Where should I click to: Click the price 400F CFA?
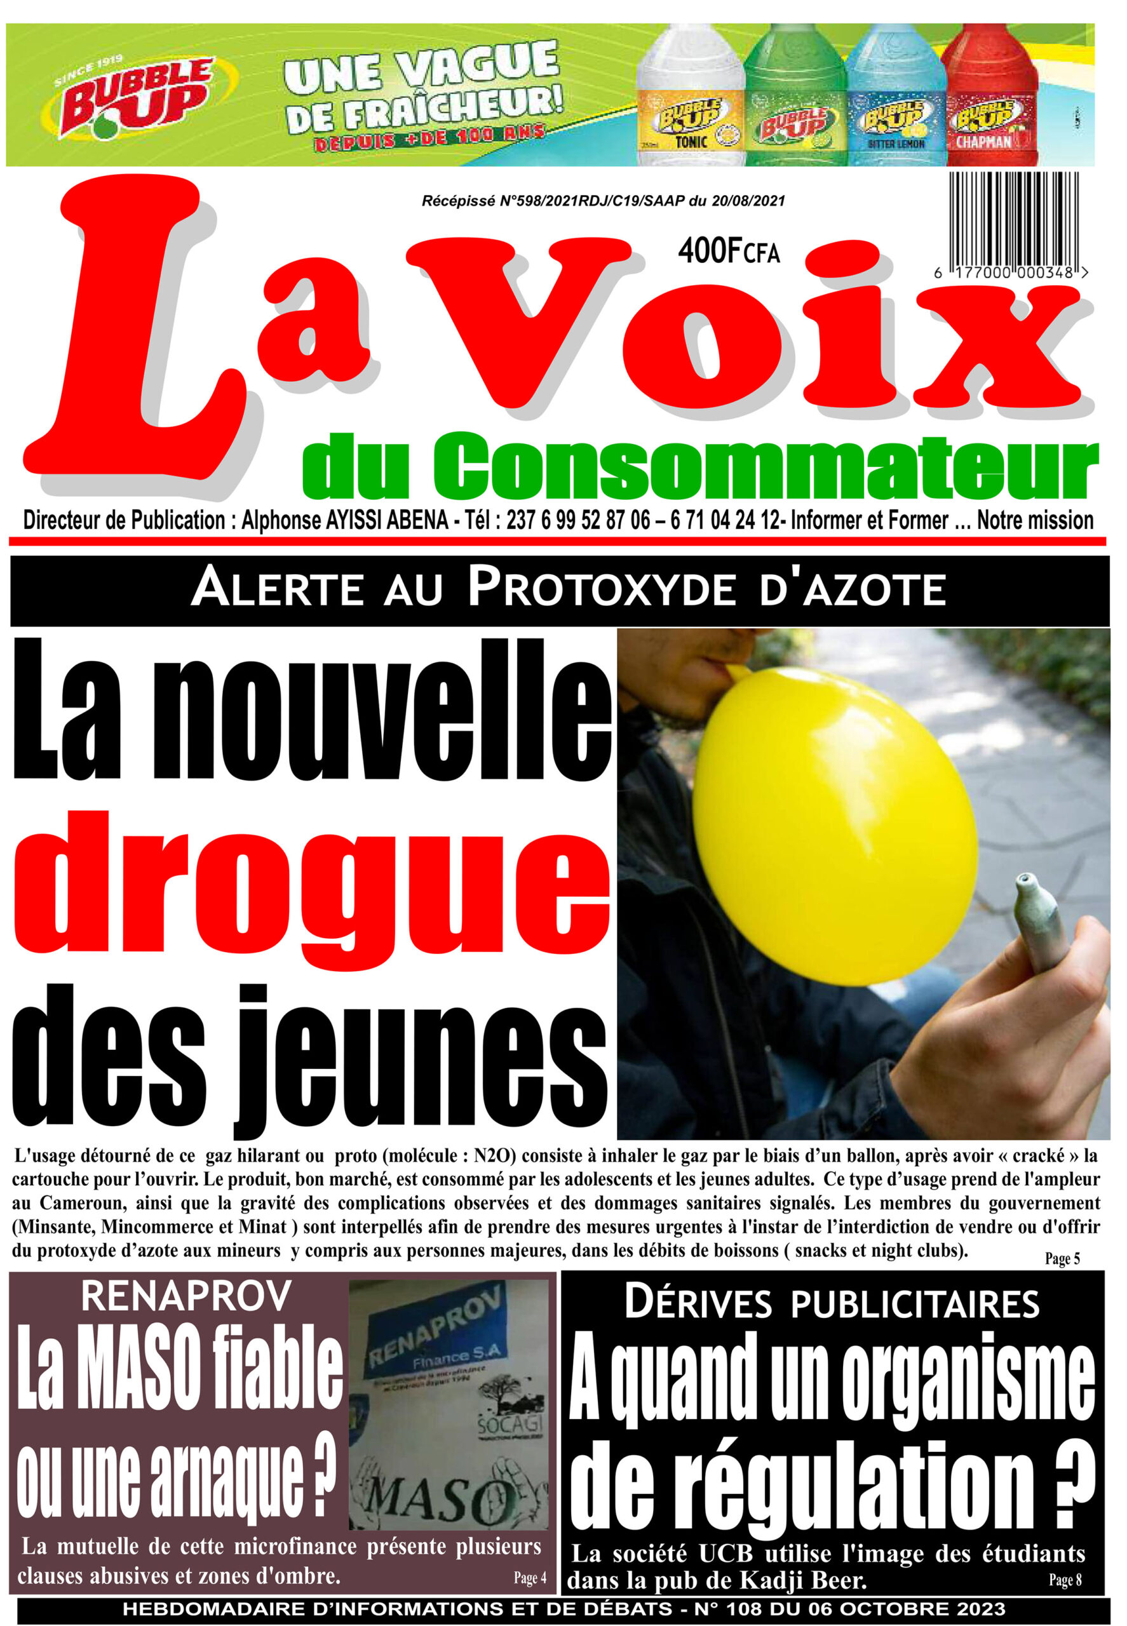(x=729, y=252)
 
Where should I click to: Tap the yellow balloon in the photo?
(x=833, y=819)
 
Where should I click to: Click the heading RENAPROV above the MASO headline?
(x=186, y=1296)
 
